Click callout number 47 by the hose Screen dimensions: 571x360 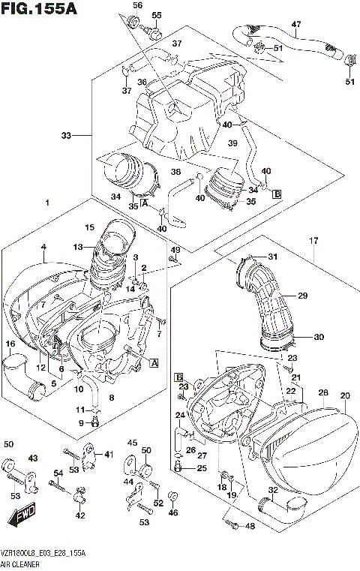pos(295,25)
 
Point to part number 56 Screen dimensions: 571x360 pos(137,5)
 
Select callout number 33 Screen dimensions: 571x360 pos(67,136)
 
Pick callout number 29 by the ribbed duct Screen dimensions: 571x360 pos(303,296)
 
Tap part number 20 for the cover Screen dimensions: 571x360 pos(344,395)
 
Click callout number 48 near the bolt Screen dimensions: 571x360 pos(250,526)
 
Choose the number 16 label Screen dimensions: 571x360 pos(10,344)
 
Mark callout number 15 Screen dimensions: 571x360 pos(89,227)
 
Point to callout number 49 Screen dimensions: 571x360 pos(175,249)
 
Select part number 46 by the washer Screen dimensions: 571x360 pos(174,512)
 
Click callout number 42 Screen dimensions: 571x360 pos(80,516)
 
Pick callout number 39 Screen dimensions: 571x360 pos(232,143)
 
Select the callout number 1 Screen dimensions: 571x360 pos(46,203)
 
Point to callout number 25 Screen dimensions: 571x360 pos(202,468)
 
